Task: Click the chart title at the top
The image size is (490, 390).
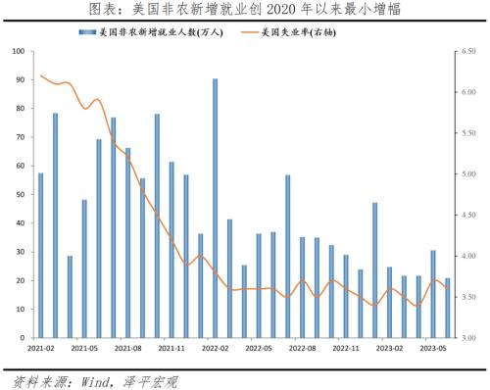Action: pos(245,10)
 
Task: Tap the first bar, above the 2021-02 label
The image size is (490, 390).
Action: pos(40,255)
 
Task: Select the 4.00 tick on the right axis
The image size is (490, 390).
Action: pos(466,256)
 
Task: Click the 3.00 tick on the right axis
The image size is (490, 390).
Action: pos(466,337)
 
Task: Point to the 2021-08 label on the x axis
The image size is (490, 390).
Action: pos(127,348)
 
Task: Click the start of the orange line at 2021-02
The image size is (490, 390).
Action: pos(40,75)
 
